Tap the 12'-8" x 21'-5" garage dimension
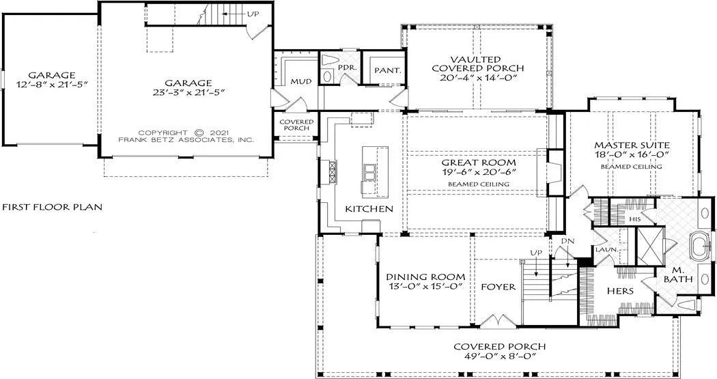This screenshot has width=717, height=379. (51, 85)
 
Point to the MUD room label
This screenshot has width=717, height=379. (301, 81)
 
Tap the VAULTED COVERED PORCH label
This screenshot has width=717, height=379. (477, 64)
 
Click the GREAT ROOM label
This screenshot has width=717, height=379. (478, 163)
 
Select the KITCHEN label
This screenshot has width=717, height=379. (369, 208)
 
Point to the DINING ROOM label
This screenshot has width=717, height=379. (425, 277)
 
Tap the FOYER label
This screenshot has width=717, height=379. (498, 287)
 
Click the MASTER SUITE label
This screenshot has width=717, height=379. (632, 145)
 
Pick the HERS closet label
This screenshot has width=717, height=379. (621, 290)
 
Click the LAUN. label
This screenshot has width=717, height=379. (606, 250)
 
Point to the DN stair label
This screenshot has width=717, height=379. (565, 242)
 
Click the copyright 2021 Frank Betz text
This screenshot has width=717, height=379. (186, 136)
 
